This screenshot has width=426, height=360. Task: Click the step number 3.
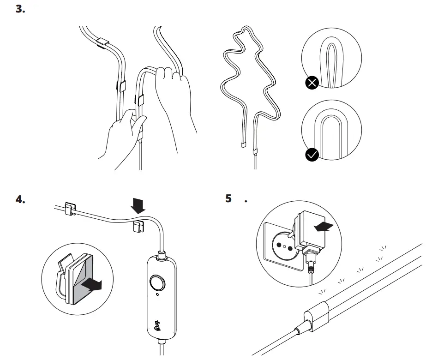(x=21, y=9)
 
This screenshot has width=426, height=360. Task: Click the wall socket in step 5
(x=280, y=243)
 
